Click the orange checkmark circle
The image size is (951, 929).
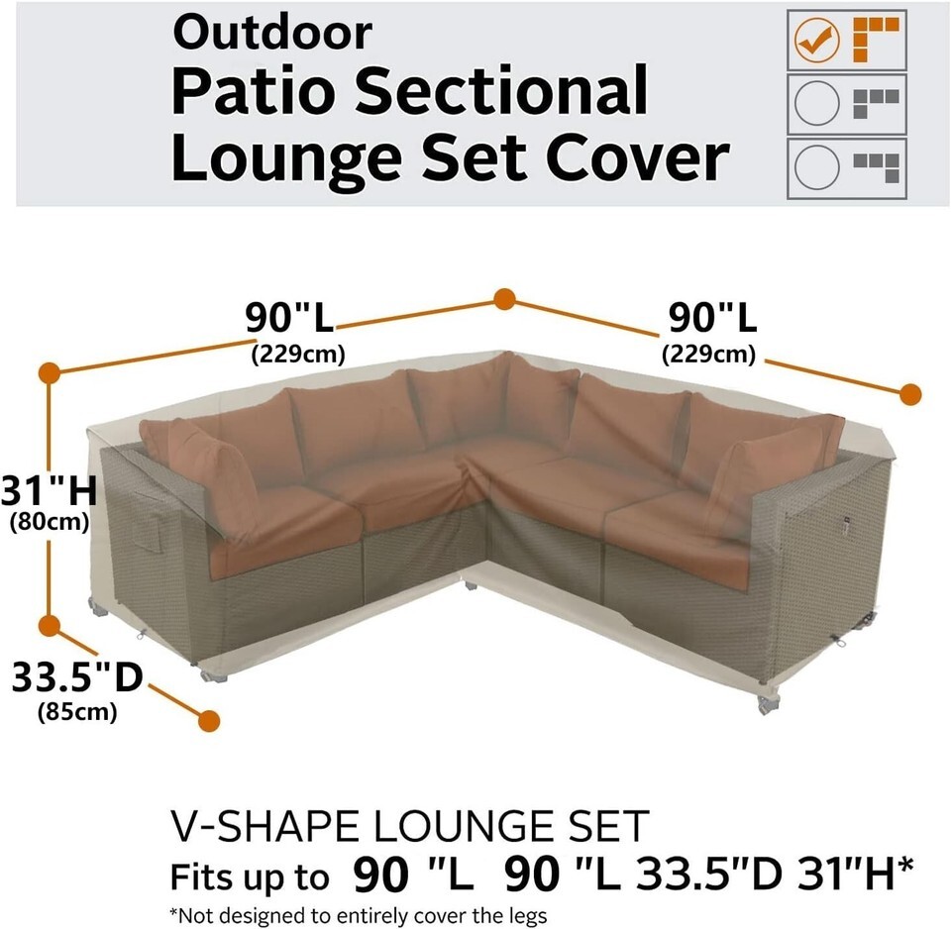817,40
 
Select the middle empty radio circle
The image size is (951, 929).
817,103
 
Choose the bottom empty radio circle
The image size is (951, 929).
817,167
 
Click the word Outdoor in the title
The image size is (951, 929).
271,33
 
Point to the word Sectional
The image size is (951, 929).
501,91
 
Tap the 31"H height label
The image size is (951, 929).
49,490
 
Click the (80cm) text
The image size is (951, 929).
50,522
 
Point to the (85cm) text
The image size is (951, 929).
77,711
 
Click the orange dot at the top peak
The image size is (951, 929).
504,299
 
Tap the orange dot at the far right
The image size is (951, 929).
909,395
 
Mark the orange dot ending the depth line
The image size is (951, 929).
209,721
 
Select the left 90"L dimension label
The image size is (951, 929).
289,317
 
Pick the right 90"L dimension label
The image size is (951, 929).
712,317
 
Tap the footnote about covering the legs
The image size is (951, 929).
358,915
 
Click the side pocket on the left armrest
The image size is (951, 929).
149,522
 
